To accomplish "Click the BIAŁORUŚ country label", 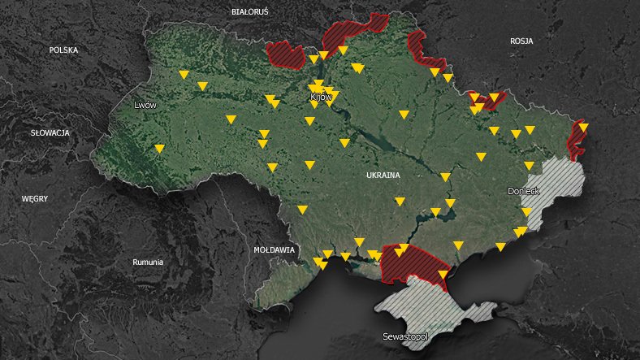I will tap(249, 12).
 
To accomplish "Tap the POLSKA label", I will tap(63, 50).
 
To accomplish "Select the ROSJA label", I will tap(521, 41).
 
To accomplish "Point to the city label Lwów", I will tap(145, 106).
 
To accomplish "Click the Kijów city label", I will tap(322, 98).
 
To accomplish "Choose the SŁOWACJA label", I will tap(50, 132).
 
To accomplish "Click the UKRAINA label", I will tap(383, 176).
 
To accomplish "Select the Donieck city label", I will tap(523, 192).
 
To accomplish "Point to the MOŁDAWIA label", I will tap(274, 250).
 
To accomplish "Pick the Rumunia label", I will tap(148, 262).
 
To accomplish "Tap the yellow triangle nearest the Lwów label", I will tap(160, 148).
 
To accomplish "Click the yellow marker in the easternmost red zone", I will tap(583, 127).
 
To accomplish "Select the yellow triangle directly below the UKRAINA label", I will tap(400, 201).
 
